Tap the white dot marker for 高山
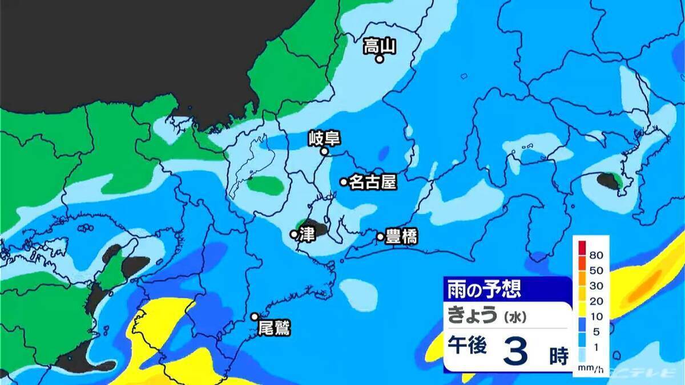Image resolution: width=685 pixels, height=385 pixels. [x=378, y=59]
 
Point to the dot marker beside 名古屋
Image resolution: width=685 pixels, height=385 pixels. [x=344, y=182]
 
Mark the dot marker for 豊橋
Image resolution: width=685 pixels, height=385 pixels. [x=380, y=236]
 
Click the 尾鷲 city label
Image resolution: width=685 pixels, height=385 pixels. [x=274, y=328]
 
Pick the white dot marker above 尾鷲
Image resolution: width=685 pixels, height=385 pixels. [x=255, y=317]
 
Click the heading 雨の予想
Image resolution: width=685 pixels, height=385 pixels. [x=483, y=289]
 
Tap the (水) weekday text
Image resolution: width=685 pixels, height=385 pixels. [x=513, y=315]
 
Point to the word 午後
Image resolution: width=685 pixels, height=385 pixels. [x=467, y=347]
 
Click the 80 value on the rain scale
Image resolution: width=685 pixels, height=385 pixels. [x=597, y=254]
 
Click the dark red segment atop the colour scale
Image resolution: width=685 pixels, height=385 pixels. [x=582, y=248]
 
